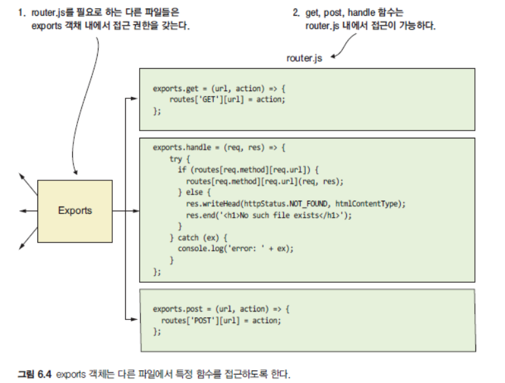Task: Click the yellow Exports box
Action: (x=75, y=211)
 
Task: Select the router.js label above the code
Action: (x=305, y=58)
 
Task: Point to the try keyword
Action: (x=175, y=159)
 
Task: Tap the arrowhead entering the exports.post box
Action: (x=134, y=313)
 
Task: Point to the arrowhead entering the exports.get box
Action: (x=134, y=100)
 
